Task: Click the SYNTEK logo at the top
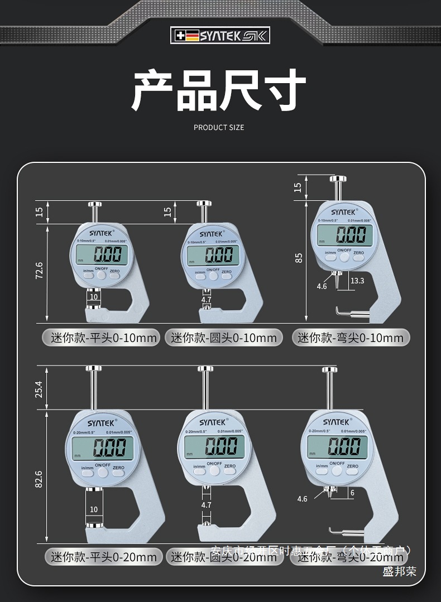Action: click(220, 36)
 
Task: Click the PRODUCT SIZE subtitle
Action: click(219, 127)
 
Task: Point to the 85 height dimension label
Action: click(299, 258)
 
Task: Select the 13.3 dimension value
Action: click(357, 281)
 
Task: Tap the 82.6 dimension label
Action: click(39, 479)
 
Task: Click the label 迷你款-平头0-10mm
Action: click(100, 338)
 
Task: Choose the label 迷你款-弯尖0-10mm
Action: click(351, 338)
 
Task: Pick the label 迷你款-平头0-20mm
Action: click(104, 557)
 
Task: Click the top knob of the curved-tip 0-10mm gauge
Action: click(337, 179)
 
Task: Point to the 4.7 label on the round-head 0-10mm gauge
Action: click(206, 300)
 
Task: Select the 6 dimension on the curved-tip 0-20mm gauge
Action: click(352, 493)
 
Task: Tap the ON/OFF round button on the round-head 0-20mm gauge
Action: click(214, 471)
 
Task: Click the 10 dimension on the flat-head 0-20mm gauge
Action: click(93, 509)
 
